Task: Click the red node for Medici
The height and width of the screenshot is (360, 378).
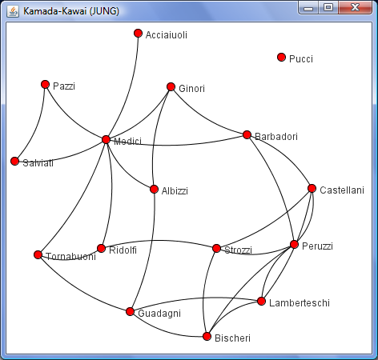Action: pyautogui.click(x=106, y=139)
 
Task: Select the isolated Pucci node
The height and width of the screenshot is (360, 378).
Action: pyautogui.click(x=281, y=57)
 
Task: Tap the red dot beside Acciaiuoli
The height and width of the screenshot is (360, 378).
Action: pyautogui.click(x=138, y=34)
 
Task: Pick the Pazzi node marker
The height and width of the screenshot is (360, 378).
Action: pyautogui.click(x=46, y=85)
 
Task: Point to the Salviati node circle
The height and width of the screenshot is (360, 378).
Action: pyautogui.click(x=14, y=161)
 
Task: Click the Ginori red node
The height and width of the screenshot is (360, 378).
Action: pyautogui.click(x=171, y=86)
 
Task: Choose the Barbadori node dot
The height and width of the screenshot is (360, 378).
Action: pyautogui.click(x=247, y=134)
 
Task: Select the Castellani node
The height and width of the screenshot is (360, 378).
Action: pyautogui.click(x=312, y=188)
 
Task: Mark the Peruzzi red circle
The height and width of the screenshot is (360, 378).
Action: pyautogui.click(x=294, y=244)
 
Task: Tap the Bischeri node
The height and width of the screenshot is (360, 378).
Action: pyautogui.click(x=207, y=337)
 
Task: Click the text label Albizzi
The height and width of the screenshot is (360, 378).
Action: pyautogui.click(x=175, y=191)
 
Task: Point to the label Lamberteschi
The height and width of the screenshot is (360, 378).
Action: pyautogui.click(x=300, y=303)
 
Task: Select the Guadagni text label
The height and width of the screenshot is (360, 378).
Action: pyautogui.click(x=159, y=314)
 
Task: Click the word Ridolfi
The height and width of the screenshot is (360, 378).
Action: pyautogui.click(x=123, y=250)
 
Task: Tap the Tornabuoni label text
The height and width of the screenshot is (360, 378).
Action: pyautogui.click(x=71, y=257)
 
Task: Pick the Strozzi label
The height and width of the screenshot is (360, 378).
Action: pyautogui.click(x=238, y=250)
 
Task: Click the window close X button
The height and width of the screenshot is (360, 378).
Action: pyautogui.click(x=355, y=7)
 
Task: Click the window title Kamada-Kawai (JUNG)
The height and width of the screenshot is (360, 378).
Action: pyautogui.click(x=71, y=11)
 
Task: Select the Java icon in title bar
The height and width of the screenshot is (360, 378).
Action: pyautogui.click(x=13, y=11)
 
